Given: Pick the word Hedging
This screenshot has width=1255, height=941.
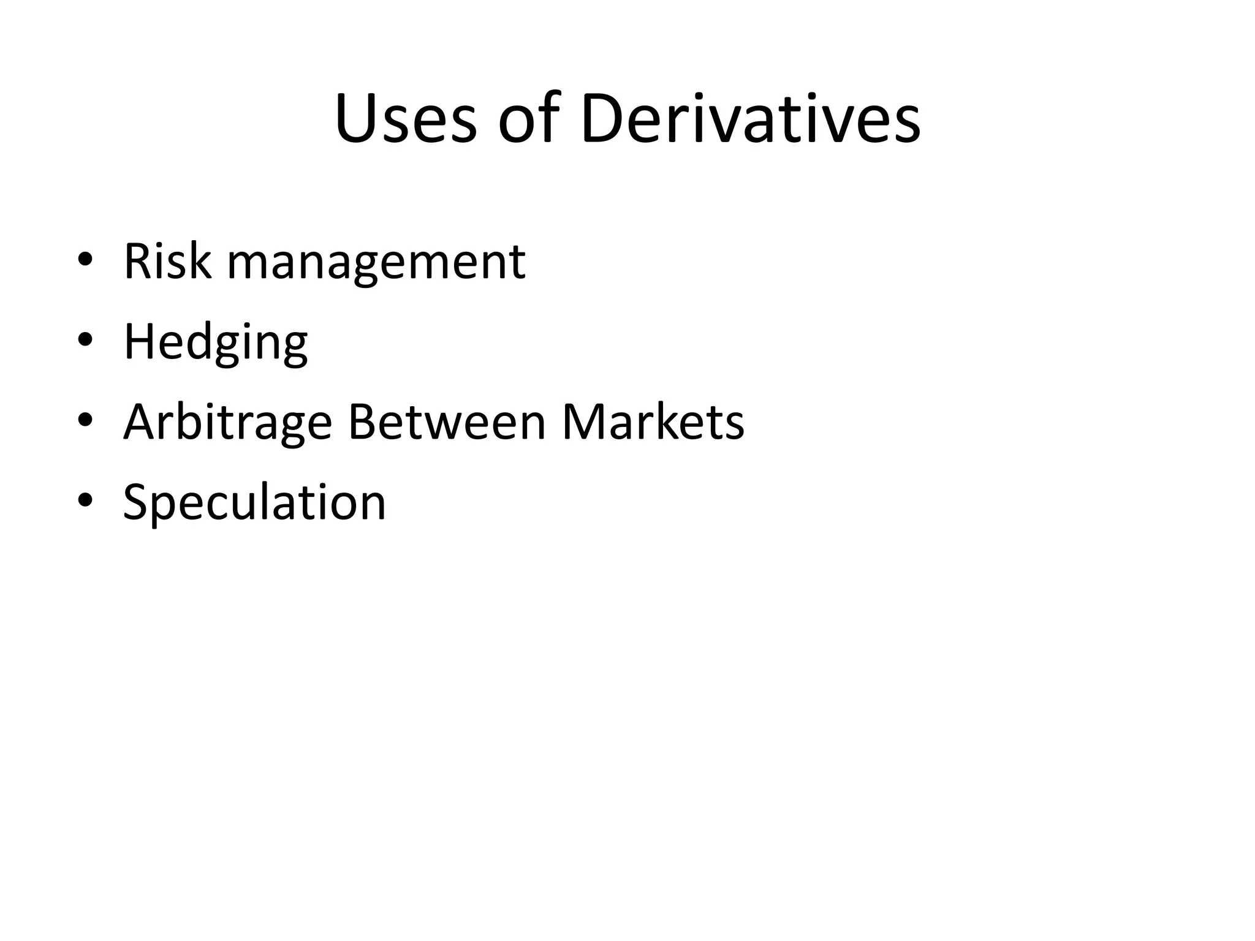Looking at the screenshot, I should (x=216, y=343).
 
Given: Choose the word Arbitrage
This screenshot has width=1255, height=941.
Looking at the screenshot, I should (x=227, y=423).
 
